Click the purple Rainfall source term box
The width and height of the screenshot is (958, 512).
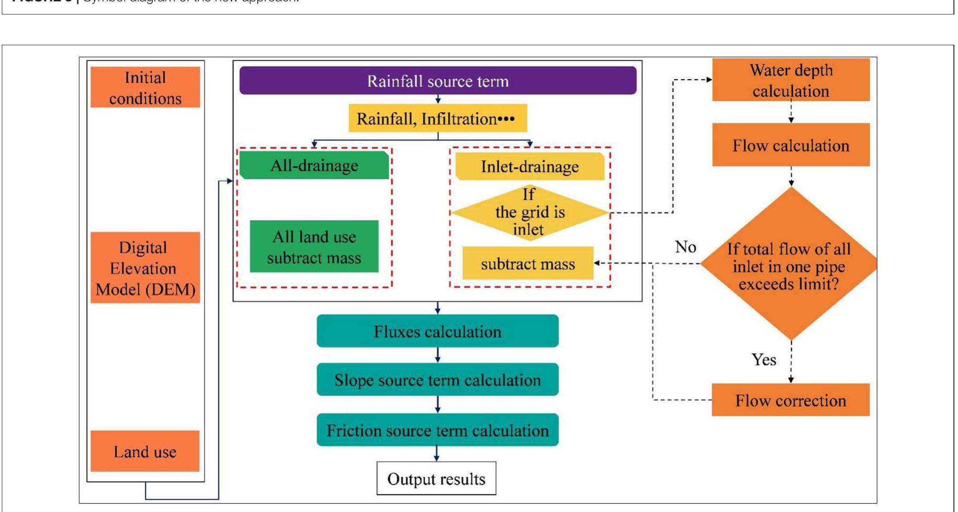pyautogui.click(x=438, y=81)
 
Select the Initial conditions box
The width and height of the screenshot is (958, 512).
pyautogui.click(x=145, y=88)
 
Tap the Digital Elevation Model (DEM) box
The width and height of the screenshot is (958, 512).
pyautogui.click(x=145, y=268)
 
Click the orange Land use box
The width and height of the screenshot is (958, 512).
pyautogui.click(x=145, y=451)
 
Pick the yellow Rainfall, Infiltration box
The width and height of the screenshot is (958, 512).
pyautogui.click(x=438, y=119)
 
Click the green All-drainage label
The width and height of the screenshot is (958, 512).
pyautogui.click(x=314, y=166)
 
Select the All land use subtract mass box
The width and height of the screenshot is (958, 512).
pyautogui.click(x=314, y=247)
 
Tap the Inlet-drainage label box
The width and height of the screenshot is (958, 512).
pyautogui.click(x=529, y=166)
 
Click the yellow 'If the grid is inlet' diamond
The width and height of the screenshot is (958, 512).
pyautogui.click(x=529, y=212)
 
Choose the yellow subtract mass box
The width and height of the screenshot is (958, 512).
pyautogui.click(x=528, y=264)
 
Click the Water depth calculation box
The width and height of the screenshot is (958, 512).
pyautogui.click(x=791, y=81)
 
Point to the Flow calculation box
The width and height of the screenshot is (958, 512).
pyautogui.click(x=791, y=145)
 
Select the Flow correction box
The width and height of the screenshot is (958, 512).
pyautogui.click(x=790, y=400)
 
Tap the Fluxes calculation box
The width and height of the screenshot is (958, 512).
pyautogui.click(x=438, y=332)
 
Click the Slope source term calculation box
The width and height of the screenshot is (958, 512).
pyautogui.click(x=438, y=380)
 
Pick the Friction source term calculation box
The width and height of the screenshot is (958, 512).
pyautogui.click(x=438, y=430)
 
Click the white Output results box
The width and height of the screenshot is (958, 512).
pyautogui.click(x=436, y=479)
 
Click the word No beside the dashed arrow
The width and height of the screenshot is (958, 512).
pyautogui.click(x=685, y=247)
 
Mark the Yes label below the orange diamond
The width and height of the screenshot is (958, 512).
pyautogui.click(x=764, y=360)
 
